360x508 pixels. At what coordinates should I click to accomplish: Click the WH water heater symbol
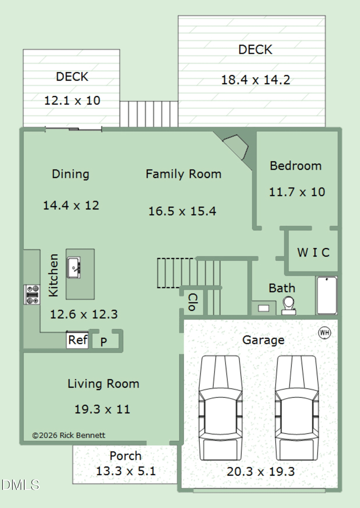pyautogui.click(x=324, y=333)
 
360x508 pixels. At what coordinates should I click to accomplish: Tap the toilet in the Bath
pyautogui.click(x=288, y=306)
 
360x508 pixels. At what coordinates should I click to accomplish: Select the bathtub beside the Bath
pyautogui.click(x=327, y=295)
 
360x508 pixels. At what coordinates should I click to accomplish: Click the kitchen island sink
pyautogui.click(x=73, y=267)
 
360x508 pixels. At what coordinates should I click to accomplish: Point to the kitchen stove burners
pyautogui.click(x=32, y=295)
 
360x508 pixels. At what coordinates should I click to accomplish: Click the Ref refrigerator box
pyautogui.click(x=77, y=340)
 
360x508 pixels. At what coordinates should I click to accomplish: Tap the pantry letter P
pyautogui.click(x=103, y=342)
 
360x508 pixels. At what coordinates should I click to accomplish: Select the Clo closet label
pyautogui.click(x=192, y=302)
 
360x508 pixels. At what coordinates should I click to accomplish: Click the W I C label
pyautogui.click(x=313, y=252)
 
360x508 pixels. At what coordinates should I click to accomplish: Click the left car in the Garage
pyautogui.click(x=220, y=408)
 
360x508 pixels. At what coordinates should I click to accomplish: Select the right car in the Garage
pyautogui.click(x=297, y=408)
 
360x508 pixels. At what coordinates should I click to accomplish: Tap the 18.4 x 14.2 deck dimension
pyautogui.click(x=256, y=80)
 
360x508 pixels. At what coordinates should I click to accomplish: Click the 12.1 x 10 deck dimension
pyautogui.click(x=72, y=100)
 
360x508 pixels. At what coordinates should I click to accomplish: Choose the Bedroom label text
pyautogui.click(x=296, y=166)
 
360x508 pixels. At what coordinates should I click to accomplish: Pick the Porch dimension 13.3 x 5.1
pyautogui.click(x=126, y=471)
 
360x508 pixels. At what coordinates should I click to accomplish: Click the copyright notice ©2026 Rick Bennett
pyautogui.click(x=69, y=435)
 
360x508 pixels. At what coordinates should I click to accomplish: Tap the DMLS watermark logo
pyautogui.click(x=20, y=485)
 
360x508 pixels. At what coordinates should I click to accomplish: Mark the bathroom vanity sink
pyautogui.click(x=264, y=308)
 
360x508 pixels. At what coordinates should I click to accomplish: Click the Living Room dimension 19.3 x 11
pyautogui.click(x=102, y=409)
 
